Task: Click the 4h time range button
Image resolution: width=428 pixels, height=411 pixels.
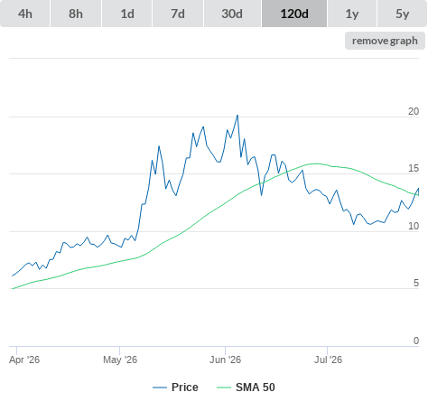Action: (25, 14)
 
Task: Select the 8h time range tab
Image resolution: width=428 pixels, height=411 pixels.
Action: (76, 14)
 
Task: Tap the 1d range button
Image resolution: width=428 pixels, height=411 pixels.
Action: (127, 14)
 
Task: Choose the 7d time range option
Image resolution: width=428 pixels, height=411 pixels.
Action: (178, 14)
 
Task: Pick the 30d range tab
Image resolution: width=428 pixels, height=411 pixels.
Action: (232, 14)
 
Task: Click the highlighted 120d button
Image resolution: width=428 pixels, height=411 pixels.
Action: (294, 14)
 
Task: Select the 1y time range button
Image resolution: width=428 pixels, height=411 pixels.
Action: (352, 14)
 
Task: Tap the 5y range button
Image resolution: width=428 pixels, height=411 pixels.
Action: (403, 14)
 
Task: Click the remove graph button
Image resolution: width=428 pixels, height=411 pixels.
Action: (385, 41)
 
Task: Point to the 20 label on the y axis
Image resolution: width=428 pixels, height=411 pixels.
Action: (414, 111)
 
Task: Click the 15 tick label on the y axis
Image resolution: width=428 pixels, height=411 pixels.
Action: (414, 169)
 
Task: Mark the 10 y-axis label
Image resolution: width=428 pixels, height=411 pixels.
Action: (414, 226)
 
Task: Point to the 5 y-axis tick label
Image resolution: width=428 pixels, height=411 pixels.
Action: (416, 283)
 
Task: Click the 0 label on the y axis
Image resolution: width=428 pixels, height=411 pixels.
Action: (416, 341)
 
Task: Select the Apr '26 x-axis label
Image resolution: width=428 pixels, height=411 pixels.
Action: (24, 360)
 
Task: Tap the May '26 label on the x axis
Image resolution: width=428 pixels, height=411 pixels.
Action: (120, 360)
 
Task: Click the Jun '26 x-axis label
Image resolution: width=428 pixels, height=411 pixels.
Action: (226, 360)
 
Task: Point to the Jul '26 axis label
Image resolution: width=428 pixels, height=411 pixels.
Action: (328, 360)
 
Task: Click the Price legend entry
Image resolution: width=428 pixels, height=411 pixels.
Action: (175, 388)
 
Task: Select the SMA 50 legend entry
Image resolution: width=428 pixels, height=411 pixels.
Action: (246, 388)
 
